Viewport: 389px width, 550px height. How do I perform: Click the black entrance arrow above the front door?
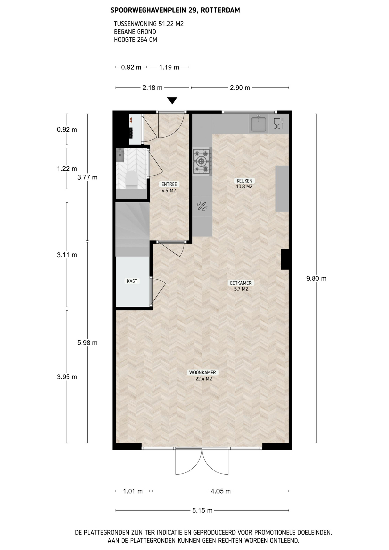[x=172, y=101]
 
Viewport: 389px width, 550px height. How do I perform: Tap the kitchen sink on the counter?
[x=259, y=124]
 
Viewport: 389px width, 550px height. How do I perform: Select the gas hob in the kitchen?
[x=202, y=162]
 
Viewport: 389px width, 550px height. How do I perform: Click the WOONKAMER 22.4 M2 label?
[x=203, y=376]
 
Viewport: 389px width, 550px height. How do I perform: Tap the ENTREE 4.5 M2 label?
[x=169, y=187]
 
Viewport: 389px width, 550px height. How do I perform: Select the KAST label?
[x=132, y=281]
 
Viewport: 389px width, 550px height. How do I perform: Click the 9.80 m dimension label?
[x=316, y=278]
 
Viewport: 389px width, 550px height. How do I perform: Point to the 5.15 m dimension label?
[x=203, y=510]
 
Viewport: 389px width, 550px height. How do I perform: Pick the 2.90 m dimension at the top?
[x=240, y=88]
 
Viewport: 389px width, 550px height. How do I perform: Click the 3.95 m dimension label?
[x=67, y=377]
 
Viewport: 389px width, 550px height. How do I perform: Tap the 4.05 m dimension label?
[x=221, y=491]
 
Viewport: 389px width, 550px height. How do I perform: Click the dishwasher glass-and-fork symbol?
[x=278, y=123]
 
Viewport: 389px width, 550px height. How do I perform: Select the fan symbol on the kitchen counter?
[x=202, y=206]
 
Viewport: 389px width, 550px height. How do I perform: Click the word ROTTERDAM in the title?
[x=220, y=10]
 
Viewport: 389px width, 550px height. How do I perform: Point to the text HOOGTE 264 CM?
[x=135, y=40]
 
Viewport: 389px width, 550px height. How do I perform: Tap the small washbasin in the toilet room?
[x=120, y=155]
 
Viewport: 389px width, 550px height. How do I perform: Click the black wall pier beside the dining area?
[x=285, y=259]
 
